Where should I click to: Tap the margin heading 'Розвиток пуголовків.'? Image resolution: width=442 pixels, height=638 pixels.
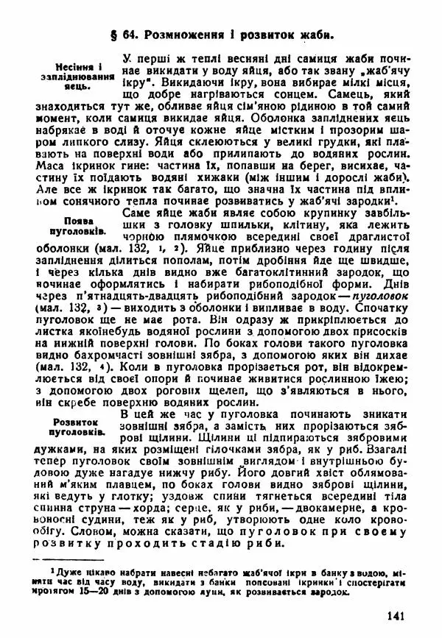[79, 428]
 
